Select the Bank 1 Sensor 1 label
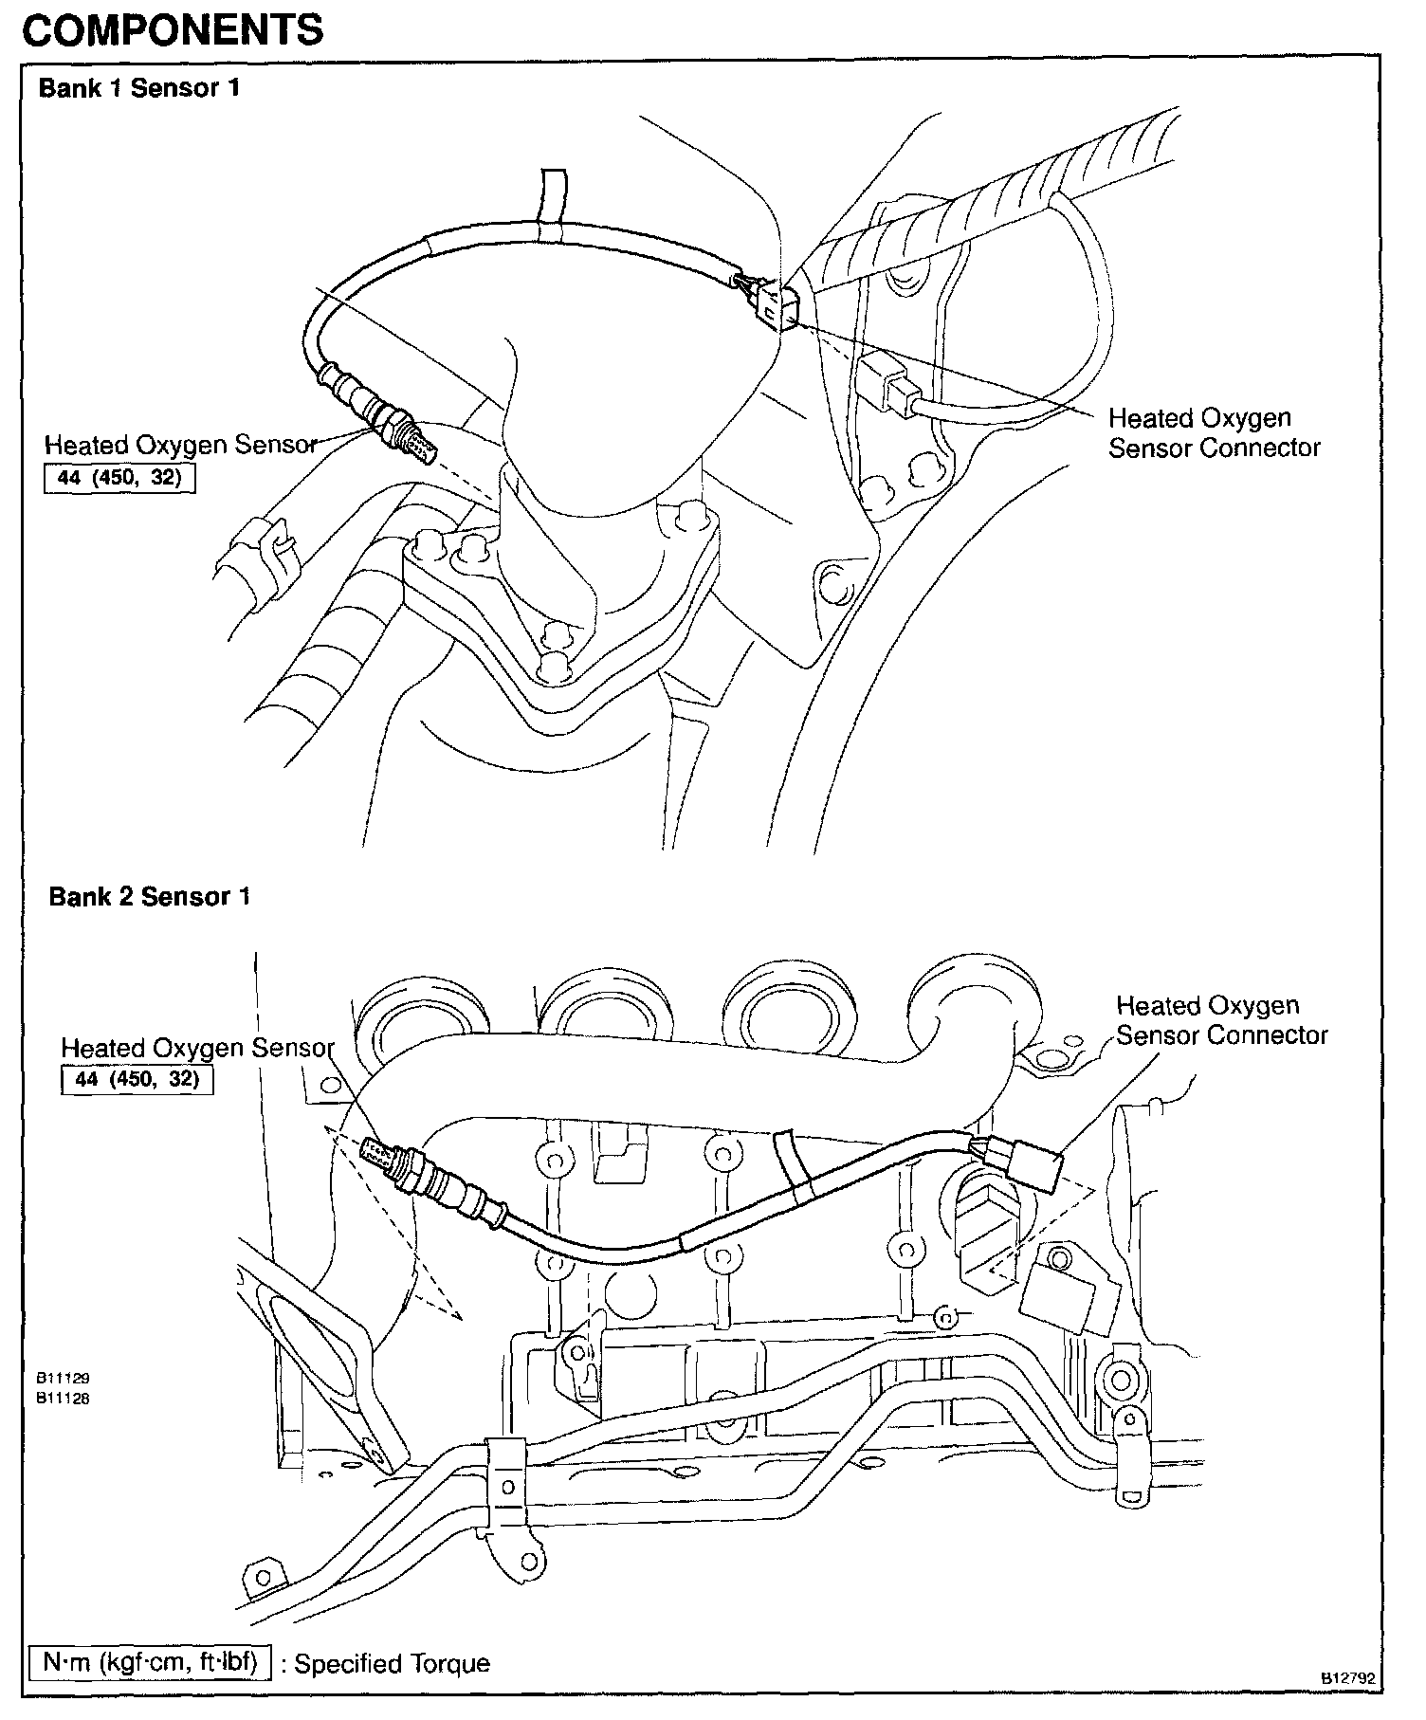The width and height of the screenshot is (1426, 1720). click(x=138, y=89)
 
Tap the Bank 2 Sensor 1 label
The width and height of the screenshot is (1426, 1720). click(x=149, y=897)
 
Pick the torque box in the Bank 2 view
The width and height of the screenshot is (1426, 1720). click(x=137, y=1080)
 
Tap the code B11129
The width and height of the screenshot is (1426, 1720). click(x=63, y=1379)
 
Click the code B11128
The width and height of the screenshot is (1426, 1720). click(x=63, y=1398)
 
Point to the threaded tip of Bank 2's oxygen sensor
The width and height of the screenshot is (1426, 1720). click(x=381, y=1153)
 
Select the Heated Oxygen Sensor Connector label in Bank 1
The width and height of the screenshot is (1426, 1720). click(x=1214, y=432)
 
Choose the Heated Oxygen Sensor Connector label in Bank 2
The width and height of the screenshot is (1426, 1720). click(x=1221, y=1020)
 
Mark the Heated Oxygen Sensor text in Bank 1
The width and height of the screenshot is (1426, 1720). click(x=180, y=445)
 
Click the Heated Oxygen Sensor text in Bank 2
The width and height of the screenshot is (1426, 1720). click(x=197, y=1049)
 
